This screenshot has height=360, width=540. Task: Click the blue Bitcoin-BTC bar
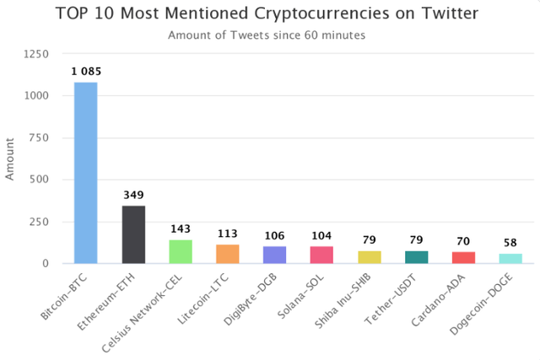[x=86, y=173]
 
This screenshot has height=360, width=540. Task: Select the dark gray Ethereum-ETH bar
[x=133, y=234]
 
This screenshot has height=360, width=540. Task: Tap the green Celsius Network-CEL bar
[x=181, y=251]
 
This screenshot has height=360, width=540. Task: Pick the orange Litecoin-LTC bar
[x=228, y=254]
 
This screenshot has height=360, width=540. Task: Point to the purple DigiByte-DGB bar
[x=275, y=255]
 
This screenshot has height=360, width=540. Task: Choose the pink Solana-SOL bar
[x=322, y=255]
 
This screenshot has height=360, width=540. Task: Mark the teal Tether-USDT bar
[x=417, y=257]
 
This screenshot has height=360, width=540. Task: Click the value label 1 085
[x=86, y=73]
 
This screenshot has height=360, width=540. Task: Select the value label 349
[x=133, y=196]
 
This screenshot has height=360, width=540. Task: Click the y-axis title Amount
[x=11, y=158]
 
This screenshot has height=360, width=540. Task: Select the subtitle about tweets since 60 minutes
[x=270, y=35]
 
